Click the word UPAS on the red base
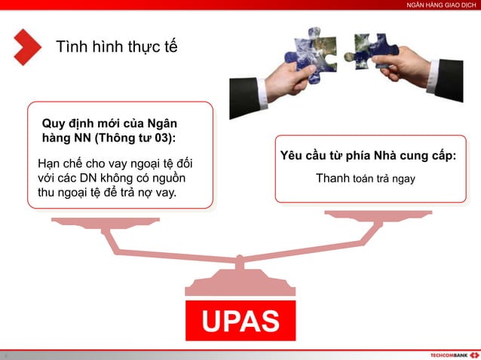240,320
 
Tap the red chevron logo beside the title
27,47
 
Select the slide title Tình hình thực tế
117,47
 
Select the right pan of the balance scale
369,215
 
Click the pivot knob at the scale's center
240,261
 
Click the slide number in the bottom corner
5,355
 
